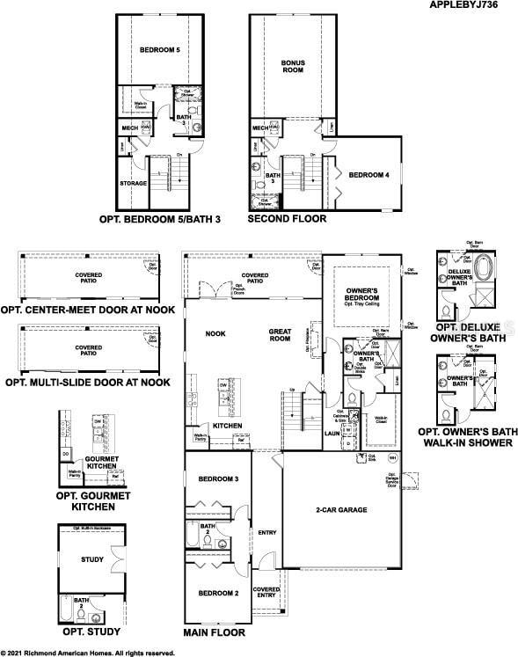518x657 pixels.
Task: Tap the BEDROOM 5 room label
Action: (x=159, y=51)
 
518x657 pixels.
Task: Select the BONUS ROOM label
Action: (x=293, y=67)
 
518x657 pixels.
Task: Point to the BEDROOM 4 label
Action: (x=368, y=175)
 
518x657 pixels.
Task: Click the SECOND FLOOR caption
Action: (x=287, y=218)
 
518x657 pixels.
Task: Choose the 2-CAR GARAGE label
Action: (x=341, y=510)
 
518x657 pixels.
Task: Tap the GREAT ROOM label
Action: (x=280, y=335)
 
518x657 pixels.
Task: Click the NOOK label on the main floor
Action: (x=215, y=334)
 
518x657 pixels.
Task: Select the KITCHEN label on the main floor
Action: (x=227, y=426)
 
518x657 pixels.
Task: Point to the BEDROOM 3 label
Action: (x=218, y=478)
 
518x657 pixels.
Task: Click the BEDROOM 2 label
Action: (x=218, y=593)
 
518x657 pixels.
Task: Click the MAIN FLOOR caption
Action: (x=219, y=632)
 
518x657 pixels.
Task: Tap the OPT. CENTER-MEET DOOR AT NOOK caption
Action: (x=87, y=310)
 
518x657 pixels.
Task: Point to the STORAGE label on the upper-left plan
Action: (x=133, y=184)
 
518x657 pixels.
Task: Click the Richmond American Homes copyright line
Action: (x=88, y=653)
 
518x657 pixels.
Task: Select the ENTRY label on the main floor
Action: (x=266, y=532)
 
